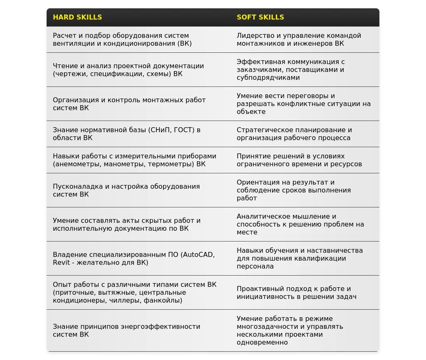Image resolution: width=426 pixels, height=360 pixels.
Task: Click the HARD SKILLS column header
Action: [77, 17]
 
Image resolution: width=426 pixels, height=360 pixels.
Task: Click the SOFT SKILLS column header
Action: [260, 17]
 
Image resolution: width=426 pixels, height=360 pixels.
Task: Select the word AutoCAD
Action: [198, 255]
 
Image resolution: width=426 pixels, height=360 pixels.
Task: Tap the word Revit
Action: [61, 263]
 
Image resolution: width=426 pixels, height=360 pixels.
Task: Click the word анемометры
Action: [77, 164]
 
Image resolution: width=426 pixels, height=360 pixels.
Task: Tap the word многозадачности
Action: [268, 327]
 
